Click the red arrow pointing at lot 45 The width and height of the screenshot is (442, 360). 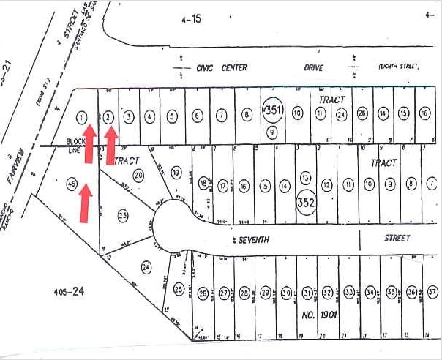tap(85, 202)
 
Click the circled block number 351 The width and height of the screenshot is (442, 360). tap(272, 110)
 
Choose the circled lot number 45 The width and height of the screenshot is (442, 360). tap(72, 184)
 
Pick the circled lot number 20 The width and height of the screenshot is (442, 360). tap(138, 174)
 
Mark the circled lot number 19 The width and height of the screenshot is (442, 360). tap(176, 173)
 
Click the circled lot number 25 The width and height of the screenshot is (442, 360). tap(179, 290)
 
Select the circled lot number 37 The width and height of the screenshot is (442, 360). tap(432, 292)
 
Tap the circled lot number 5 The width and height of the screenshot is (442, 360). tap(172, 116)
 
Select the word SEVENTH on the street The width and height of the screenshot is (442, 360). tap(255, 239)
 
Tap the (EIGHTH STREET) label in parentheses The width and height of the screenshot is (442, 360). tap(399, 67)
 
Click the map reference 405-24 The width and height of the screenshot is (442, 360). tap(70, 290)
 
